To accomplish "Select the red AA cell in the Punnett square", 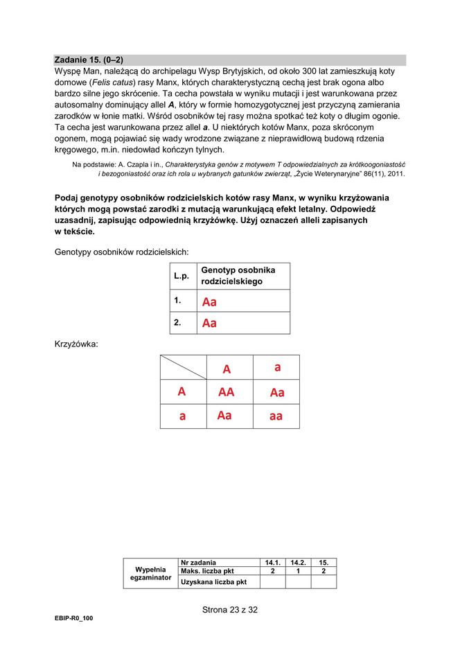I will (226, 392).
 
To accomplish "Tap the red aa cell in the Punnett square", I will (276, 416).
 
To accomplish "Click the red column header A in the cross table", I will (227, 369).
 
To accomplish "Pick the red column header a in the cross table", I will (277, 368).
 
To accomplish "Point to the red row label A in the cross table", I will (182, 392).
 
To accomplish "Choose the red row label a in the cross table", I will (182, 416).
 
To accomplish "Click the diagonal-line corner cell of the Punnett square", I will (183, 367).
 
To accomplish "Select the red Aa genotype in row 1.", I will (209, 301).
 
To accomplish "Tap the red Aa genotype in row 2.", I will (209, 323).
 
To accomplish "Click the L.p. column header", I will (182, 276).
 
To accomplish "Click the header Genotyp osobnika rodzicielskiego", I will (238, 276).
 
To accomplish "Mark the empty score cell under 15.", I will (323, 581).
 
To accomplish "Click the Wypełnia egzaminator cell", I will (150, 573).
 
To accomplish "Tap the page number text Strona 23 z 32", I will (229, 610).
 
